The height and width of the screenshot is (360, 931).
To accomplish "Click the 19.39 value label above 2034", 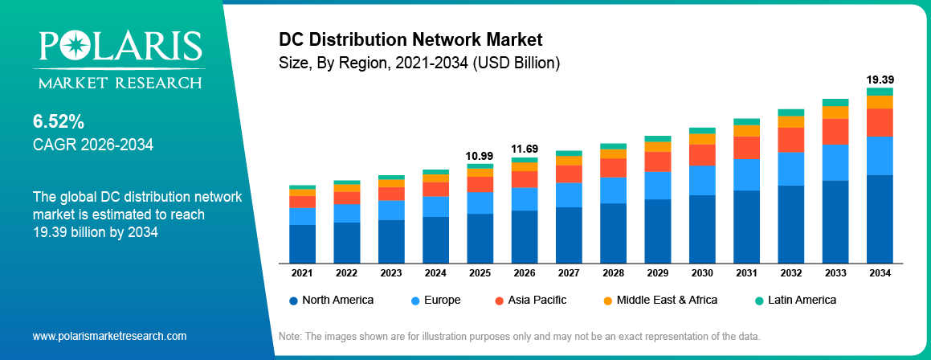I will (880, 80).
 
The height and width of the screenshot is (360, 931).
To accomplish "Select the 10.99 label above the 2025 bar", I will (480, 155).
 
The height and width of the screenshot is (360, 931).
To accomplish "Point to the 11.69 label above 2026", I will (525, 149).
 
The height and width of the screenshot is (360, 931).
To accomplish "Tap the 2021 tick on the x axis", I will (302, 273).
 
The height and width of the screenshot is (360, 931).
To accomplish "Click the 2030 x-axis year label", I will (702, 273).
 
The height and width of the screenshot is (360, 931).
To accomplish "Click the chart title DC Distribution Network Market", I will (410, 39).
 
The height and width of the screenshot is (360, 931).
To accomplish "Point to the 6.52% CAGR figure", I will (59, 122).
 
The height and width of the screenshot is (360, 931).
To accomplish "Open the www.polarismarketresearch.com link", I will (109, 336).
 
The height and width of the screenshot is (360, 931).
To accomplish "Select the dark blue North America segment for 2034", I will (880, 219).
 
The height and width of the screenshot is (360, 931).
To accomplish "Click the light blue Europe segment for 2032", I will (791, 169).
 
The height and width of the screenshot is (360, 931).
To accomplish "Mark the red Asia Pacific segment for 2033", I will (835, 131).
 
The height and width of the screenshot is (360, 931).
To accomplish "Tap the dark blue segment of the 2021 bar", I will (302, 243).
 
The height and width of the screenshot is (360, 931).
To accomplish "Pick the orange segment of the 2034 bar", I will (880, 102).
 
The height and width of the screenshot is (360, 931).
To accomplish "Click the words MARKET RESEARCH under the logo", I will (117, 82).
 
